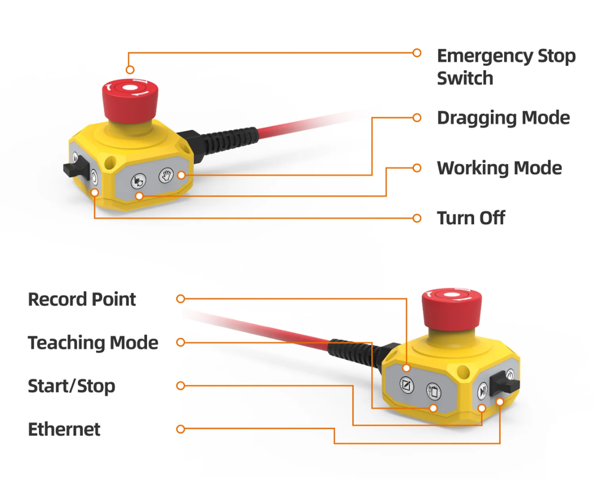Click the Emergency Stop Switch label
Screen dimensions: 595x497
tap(507, 67)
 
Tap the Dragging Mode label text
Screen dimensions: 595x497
tap(503, 118)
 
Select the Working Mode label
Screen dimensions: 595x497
tap(499, 168)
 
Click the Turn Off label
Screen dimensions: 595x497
tap(471, 218)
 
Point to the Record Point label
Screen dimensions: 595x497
tap(82, 299)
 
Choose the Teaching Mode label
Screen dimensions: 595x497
tap(93, 343)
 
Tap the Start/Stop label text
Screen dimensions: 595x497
tap(71, 386)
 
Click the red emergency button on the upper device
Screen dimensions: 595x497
tap(130, 100)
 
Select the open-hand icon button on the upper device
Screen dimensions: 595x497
tap(166, 175)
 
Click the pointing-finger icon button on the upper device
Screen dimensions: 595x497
tap(138, 181)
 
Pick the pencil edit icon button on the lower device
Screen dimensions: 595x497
tap(407, 385)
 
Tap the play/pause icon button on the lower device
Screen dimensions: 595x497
tap(482, 391)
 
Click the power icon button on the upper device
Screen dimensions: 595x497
tap(94, 177)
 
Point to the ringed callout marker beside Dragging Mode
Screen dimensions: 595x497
tap(416, 118)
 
